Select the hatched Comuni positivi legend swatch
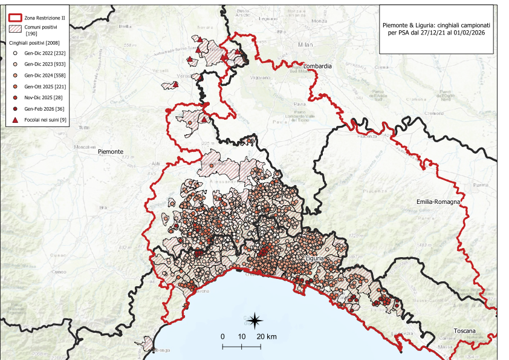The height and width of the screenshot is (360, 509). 15,30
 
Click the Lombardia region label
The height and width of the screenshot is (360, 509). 318,66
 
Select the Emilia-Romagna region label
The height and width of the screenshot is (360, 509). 439,201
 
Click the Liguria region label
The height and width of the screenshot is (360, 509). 316,258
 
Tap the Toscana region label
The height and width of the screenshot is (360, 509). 466,332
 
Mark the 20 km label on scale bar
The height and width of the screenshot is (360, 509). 267,336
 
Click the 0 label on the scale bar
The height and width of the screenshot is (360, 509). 222,336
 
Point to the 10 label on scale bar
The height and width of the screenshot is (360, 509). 241,336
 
